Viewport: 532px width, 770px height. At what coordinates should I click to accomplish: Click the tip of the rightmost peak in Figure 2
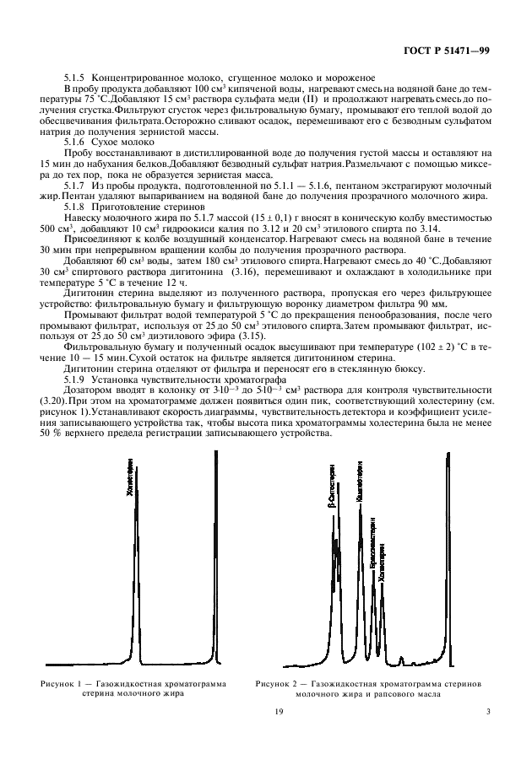click(x=448, y=453)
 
